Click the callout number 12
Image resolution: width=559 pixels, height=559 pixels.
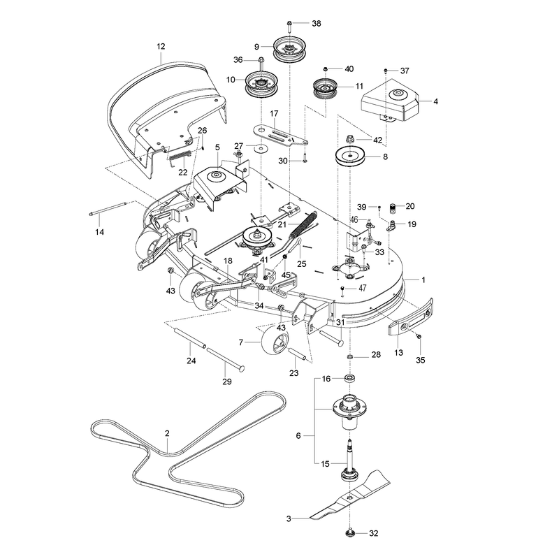[x=161, y=46]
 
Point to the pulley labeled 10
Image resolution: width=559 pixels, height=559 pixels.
[x=262, y=85]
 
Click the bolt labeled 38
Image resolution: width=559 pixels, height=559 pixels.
[x=289, y=26]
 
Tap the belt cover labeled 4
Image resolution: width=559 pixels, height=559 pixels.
[x=390, y=100]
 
